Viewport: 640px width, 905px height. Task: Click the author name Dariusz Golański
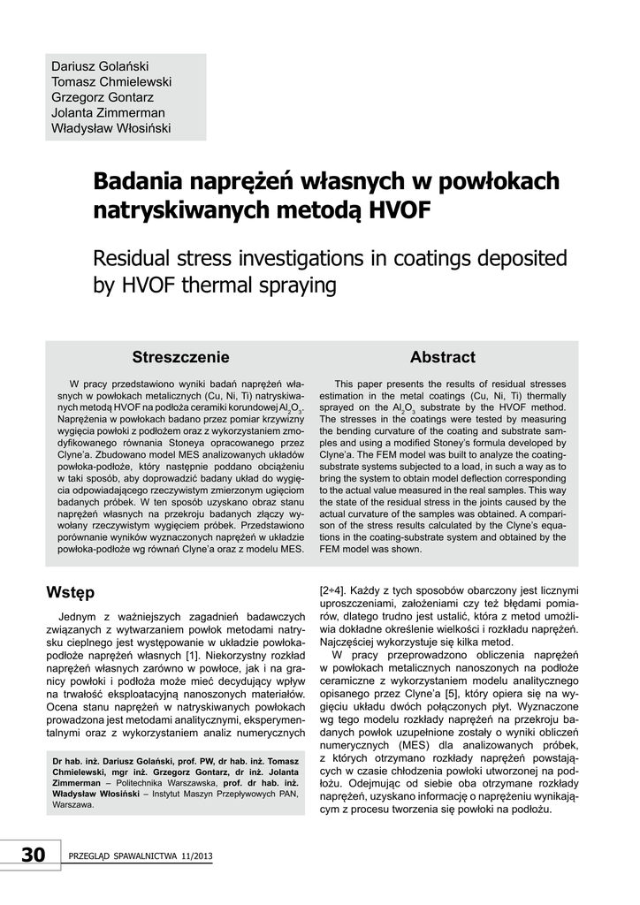coord(98,66)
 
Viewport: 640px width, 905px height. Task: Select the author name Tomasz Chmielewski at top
coord(111,82)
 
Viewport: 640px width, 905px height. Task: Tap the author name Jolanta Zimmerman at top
coord(108,113)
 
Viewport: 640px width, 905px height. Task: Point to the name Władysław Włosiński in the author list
coord(110,129)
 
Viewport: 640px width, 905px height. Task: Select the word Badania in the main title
coord(141,182)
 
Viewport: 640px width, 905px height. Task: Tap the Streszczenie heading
coord(180,357)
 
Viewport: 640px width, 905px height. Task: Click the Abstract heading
coord(442,357)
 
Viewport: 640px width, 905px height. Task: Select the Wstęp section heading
coord(70,590)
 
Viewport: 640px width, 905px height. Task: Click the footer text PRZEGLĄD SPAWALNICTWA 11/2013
coord(141,857)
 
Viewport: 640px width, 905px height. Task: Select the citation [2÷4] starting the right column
coord(334,589)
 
